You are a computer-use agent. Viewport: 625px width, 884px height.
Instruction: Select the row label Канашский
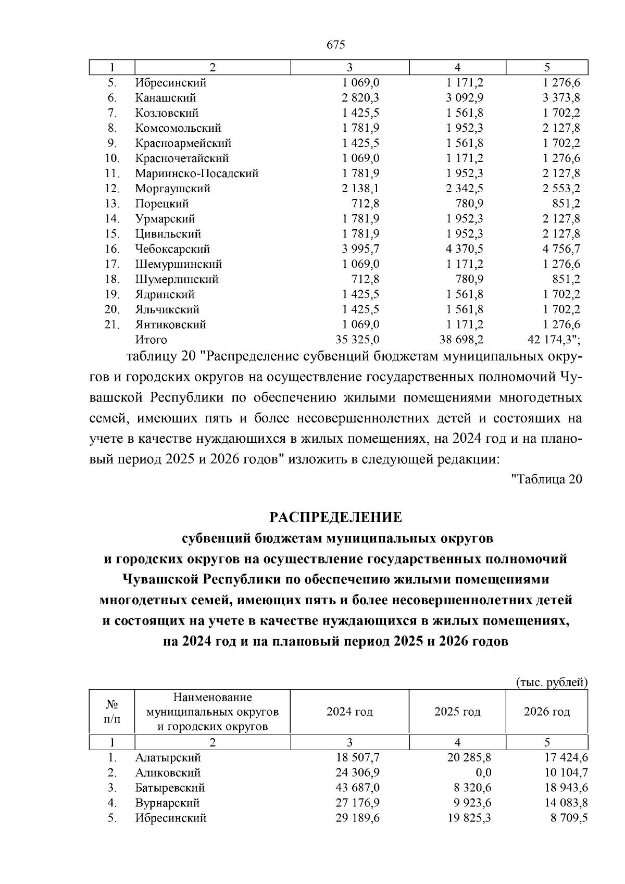pyautogui.click(x=166, y=98)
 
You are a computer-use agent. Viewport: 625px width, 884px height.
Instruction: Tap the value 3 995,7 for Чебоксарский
pyautogui.click(x=360, y=249)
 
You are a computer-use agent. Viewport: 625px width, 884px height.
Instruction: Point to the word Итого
pyautogui.click(x=151, y=340)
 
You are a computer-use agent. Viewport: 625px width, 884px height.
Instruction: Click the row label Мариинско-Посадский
pyautogui.click(x=197, y=173)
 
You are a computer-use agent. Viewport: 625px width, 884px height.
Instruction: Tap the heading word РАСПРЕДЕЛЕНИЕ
pyautogui.click(x=336, y=517)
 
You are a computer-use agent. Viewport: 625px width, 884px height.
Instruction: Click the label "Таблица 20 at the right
pyautogui.click(x=547, y=479)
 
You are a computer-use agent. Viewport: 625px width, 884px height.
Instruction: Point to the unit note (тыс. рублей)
pyautogui.click(x=552, y=682)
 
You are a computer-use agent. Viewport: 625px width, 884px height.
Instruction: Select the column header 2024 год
pyautogui.click(x=349, y=712)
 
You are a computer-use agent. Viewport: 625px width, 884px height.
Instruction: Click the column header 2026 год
pyautogui.click(x=547, y=712)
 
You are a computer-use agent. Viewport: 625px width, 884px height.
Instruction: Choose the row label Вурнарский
pyautogui.click(x=167, y=803)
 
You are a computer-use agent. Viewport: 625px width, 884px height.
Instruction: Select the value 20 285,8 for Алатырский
pyautogui.click(x=469, y=757)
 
